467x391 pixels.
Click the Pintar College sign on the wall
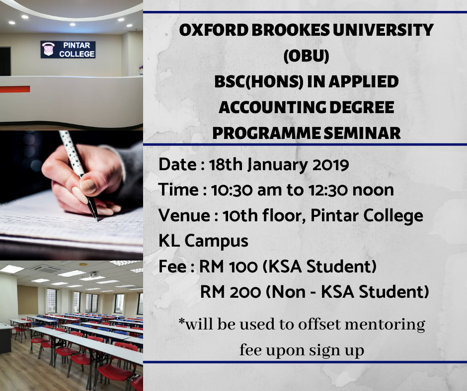[x=68, y=50]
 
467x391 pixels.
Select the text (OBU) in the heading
[x=306, y=56]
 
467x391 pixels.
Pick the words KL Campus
[x=203, y=241]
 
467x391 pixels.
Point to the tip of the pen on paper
[x=96, y=218]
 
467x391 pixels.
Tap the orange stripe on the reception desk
[x=15, y=89]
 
